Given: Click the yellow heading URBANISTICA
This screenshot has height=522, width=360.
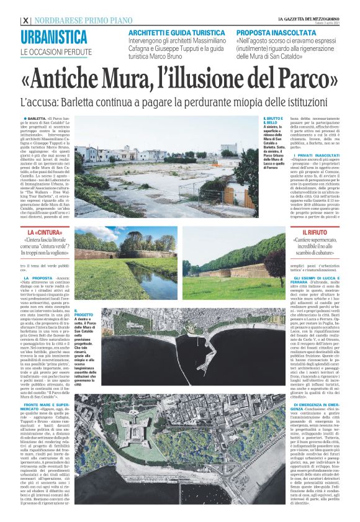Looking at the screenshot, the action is (53, 36).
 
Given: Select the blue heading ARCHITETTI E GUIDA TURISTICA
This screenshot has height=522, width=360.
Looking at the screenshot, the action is (171, 32).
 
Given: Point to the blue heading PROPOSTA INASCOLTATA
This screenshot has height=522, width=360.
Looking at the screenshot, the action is (271, 32).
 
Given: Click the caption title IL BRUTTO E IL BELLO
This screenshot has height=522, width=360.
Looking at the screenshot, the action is (272, 120).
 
